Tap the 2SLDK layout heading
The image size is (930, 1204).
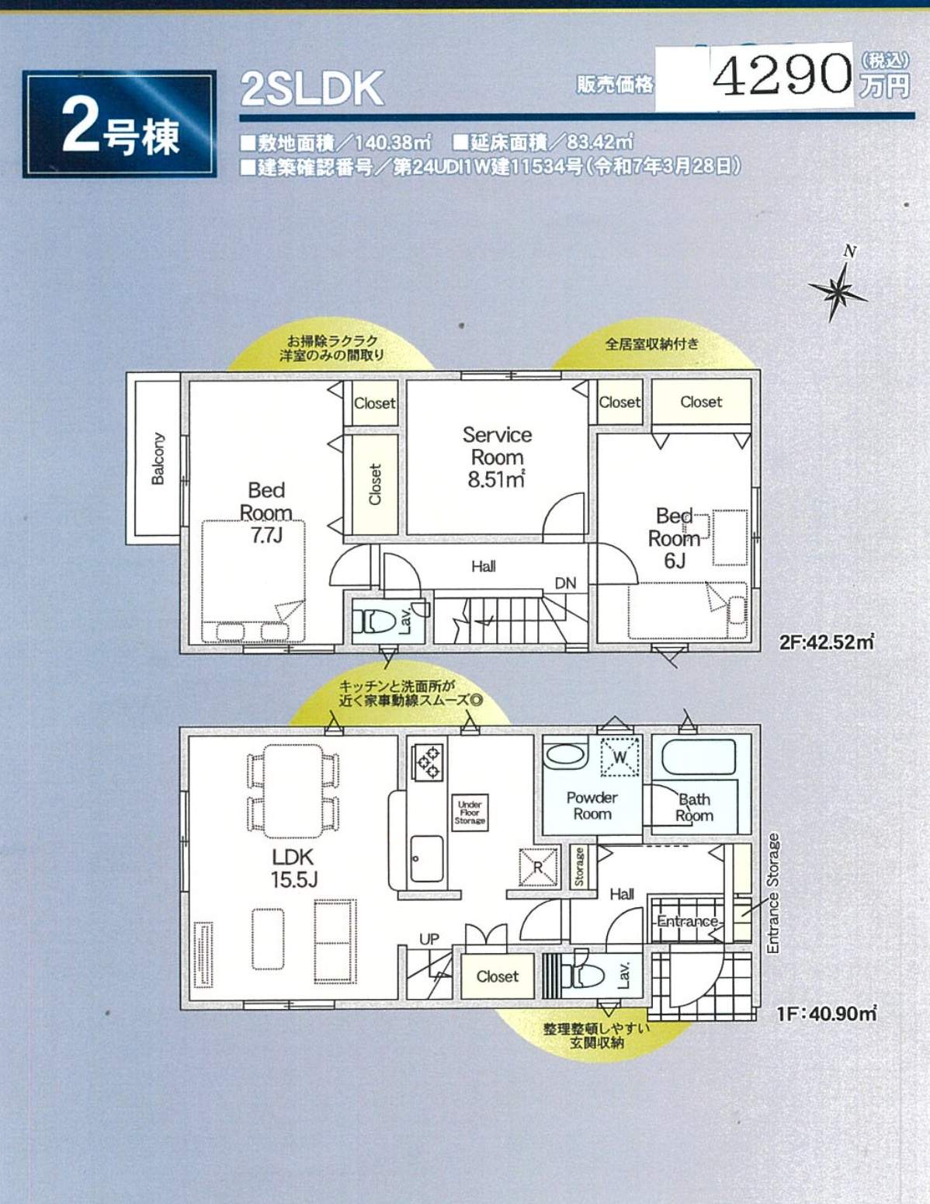[x=311, y=89]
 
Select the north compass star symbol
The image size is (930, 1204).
[x=837, y=289]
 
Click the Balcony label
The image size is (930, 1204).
[x=158, y=458]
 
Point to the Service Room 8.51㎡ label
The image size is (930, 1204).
[x=497, y=457]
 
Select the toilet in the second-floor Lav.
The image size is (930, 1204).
[x=373, y=621]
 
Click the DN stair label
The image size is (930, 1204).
[x=565, y=583]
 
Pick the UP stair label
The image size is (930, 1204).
[x=429, y=939]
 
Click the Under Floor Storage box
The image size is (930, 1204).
[x=470, y=813]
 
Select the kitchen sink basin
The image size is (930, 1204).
[x=426, y=858]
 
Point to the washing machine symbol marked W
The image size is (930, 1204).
[x=620, y=757]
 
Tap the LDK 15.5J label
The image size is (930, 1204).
[x=293, y=868]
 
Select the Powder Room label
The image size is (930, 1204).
[x=592, y=806]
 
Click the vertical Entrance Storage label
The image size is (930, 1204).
[x=772, y=893]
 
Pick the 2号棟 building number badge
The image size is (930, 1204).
[x=120, y=124]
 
